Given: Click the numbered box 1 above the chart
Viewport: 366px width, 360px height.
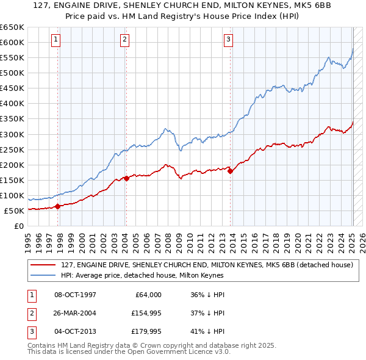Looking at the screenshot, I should coord(56,40).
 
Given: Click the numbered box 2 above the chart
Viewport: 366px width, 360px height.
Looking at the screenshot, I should coord(124,40).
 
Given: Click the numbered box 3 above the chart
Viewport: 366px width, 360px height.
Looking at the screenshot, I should coord(228,40).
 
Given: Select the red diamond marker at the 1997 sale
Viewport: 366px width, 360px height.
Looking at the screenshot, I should coord(58,206).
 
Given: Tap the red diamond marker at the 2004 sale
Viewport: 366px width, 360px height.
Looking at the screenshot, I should coord(126,178).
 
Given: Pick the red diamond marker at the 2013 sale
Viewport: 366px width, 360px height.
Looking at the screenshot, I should coord(230,171).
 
